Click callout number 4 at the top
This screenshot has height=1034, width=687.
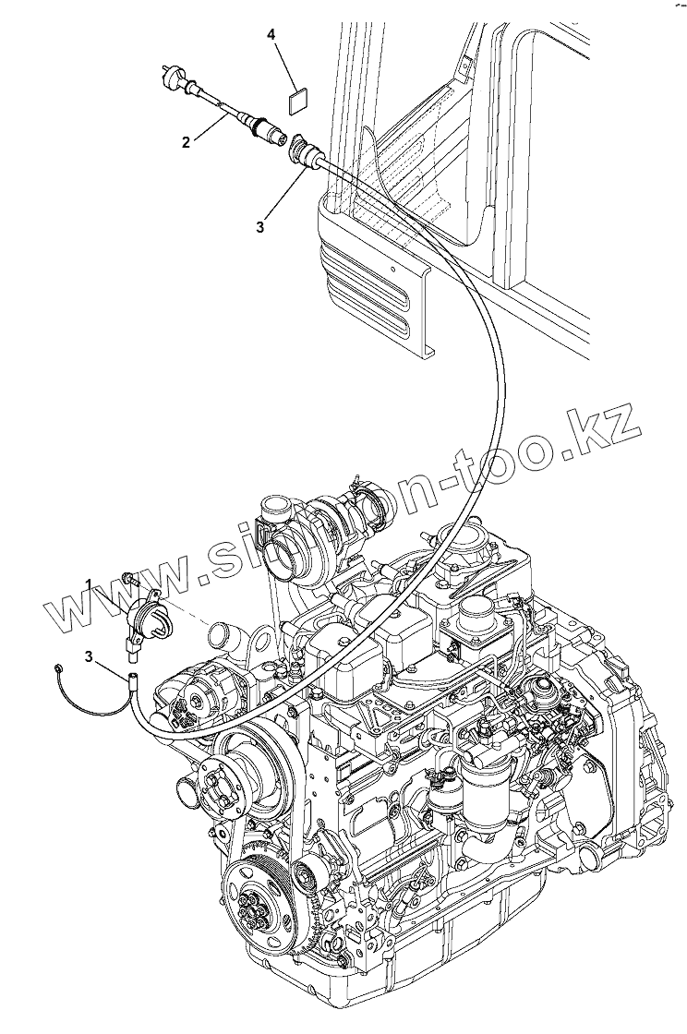coord(271,35)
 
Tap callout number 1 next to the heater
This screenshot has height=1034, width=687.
coord(90,583)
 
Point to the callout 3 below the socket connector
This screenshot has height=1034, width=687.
coord(260,225)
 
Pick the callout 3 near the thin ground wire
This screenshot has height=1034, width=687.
coord(88,656)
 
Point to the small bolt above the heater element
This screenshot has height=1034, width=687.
coord(129,580)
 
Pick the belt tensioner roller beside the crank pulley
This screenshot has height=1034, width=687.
coord(304,872)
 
